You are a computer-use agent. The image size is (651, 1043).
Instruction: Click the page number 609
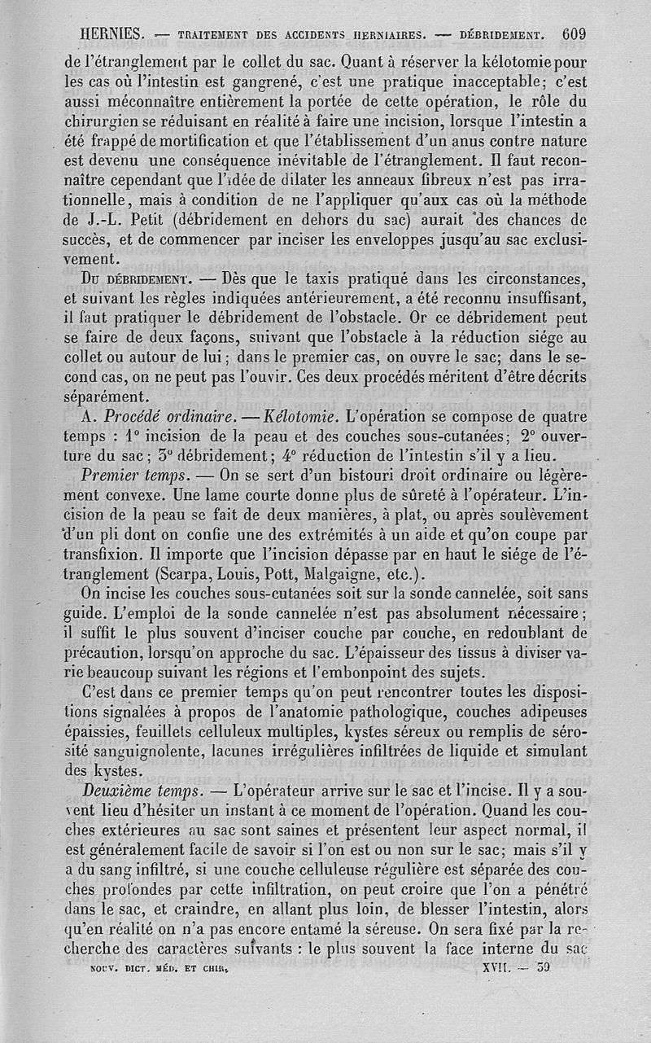click(x=574, y=34)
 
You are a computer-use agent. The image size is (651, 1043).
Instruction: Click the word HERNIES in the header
click(x=113, y=34)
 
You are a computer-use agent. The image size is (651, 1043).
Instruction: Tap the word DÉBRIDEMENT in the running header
click(x=500, y=35)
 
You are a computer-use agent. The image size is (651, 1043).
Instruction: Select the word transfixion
click(x=116, y=554)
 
